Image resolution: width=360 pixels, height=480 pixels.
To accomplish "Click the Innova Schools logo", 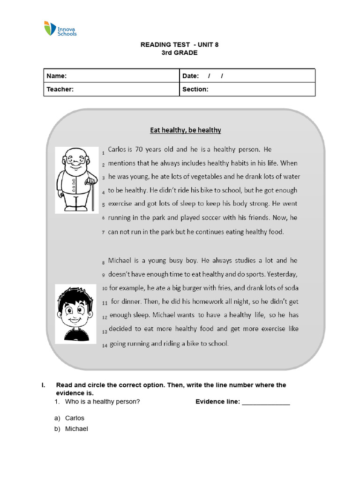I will click(60, 29).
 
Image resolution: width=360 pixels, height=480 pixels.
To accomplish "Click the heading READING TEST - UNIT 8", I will click(180, 45).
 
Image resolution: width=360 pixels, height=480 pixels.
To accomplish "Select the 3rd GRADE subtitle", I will click(180, 52).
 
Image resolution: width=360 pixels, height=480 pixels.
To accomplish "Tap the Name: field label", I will click(56, 76).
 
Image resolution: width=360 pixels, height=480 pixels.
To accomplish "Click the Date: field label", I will click(191, 76).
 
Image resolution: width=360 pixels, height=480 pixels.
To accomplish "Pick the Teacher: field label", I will click(60, 89).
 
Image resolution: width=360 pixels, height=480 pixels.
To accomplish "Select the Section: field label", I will click(195, 89).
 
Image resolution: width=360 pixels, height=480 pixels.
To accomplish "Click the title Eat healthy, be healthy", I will click(185, 130).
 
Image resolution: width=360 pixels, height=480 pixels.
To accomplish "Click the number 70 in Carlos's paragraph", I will click(139, 150).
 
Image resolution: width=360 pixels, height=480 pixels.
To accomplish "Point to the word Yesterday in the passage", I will click(280, 274).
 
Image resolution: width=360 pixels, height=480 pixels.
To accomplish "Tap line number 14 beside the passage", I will click(105, 345).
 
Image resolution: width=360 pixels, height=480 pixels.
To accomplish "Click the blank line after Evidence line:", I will click(266, 402).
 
